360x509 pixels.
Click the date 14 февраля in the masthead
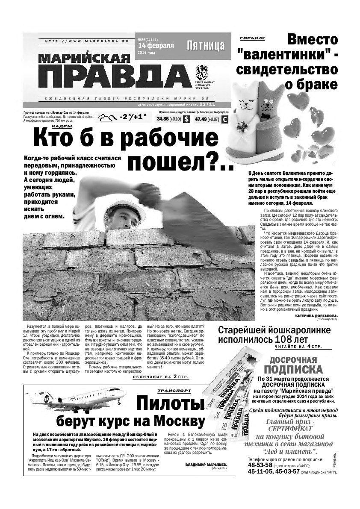tap(155, 45)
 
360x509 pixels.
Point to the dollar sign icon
tap(186, 120)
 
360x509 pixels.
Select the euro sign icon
tap(225, 120)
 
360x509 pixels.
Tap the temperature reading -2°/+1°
tap(133, 117)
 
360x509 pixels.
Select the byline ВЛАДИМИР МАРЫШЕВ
tap(206, 464)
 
